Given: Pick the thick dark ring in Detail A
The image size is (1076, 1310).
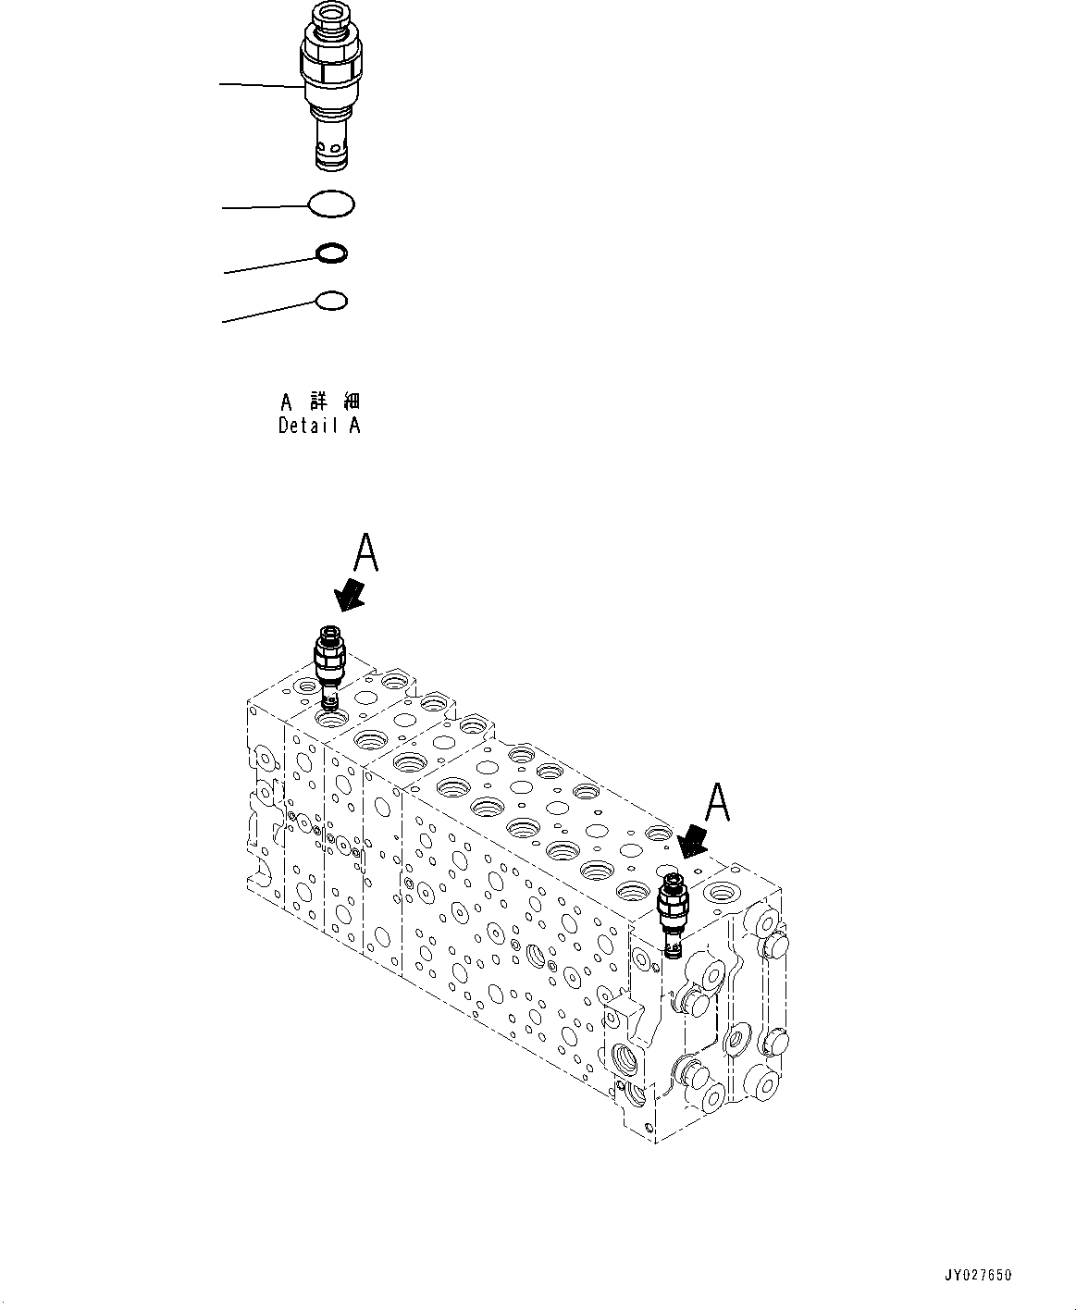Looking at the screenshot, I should [x=331, y=253].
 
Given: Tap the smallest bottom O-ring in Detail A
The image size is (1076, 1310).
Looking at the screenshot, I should [x=331, y=300].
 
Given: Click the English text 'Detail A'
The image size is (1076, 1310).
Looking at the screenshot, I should [x=319, y=426].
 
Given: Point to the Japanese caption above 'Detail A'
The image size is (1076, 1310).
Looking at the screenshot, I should [x=320, y=402].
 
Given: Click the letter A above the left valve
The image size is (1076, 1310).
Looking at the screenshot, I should [x=365, y=555].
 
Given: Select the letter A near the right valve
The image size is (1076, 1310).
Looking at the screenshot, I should [x=718, y=803].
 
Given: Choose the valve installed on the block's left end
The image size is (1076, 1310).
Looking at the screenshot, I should [x=328, y=664].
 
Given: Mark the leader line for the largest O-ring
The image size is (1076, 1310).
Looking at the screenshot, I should [x=265, y=207].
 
